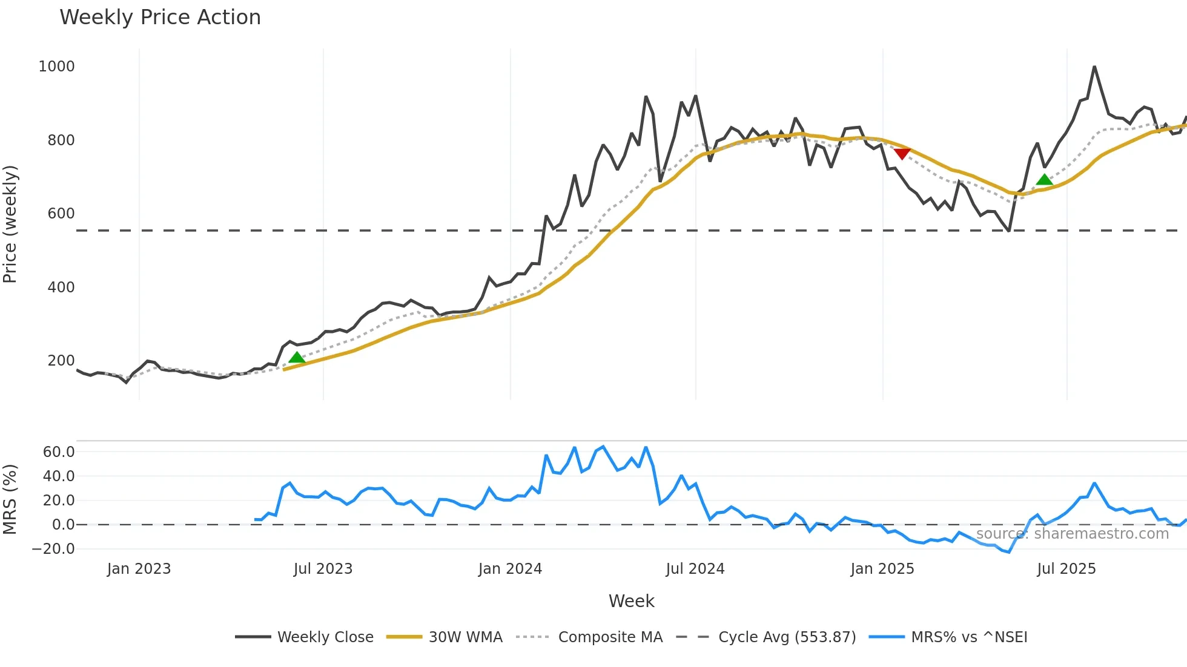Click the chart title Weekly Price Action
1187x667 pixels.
[x=160, y=18]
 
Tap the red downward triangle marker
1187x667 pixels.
[x=902, y=154]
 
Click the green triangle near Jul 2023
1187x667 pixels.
[x=297, y=358]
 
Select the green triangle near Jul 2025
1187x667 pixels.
[x=1044, y=180]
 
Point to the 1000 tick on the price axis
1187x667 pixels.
[x=56, y=67]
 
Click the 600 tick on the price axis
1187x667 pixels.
[x=61, y=214]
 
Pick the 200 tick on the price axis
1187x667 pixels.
[x=61, y=361]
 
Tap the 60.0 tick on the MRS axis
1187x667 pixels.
[x=59, y=452]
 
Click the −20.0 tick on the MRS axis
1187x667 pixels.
[x=53, y=549]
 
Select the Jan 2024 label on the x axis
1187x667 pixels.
[x=510, y=569]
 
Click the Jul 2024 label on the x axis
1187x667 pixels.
[x=695, y=569]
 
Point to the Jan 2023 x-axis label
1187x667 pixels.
[x=139, y=569]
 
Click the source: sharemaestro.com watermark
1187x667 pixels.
[x=1072, y=534]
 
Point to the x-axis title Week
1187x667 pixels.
[x=631, y=601]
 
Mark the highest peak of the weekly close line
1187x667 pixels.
[x=1094, y=67]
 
